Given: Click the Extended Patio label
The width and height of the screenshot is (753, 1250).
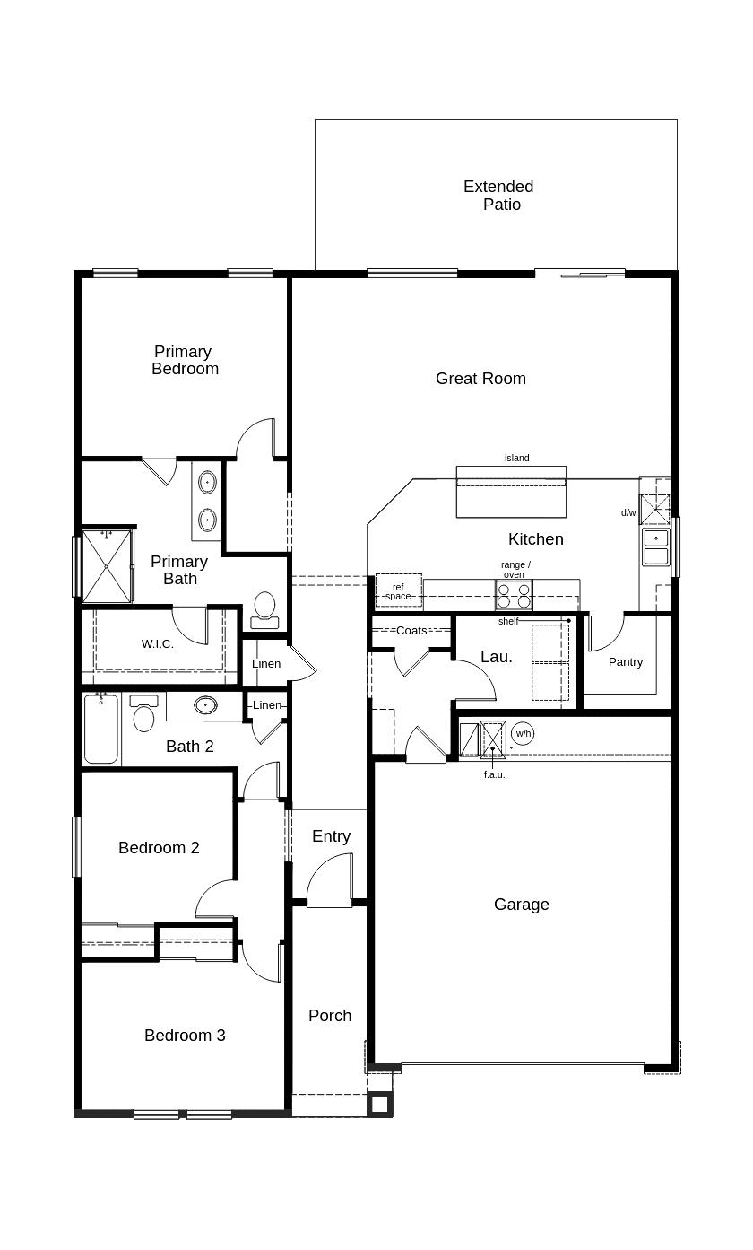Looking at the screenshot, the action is pos(498,196).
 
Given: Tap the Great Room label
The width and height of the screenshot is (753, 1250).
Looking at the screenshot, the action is pos(480,379).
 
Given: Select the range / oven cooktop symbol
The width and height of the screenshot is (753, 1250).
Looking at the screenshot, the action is pos(514,595).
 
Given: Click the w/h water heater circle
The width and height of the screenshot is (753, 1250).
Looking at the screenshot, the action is pos(523,733).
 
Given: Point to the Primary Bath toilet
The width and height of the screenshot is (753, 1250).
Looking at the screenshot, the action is pos(264,610).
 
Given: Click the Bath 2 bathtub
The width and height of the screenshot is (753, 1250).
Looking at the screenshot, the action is pos(101,729).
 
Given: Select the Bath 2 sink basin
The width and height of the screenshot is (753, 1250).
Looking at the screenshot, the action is pos(205,705).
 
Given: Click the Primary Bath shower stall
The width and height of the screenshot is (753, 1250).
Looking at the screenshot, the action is pos(107,566).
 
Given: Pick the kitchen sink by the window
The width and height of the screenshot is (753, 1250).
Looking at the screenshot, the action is pos(656,546).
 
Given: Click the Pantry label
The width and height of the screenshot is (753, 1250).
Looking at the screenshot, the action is pos(626,662).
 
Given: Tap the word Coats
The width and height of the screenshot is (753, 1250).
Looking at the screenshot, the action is pos(411,631).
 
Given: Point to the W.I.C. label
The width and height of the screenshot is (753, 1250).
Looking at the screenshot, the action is pos(158,644).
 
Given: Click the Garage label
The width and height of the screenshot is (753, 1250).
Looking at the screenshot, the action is pos(521,904).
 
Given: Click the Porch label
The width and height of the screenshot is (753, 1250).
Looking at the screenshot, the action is pos(330,1016).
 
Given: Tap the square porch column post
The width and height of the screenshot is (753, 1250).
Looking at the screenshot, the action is pos(379,1105).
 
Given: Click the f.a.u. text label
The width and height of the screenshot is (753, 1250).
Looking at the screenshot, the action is pos(495,774).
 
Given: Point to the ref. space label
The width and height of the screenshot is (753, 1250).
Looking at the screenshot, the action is pos(399,591).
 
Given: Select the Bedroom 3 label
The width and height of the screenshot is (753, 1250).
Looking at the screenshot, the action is pos(185,1036).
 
